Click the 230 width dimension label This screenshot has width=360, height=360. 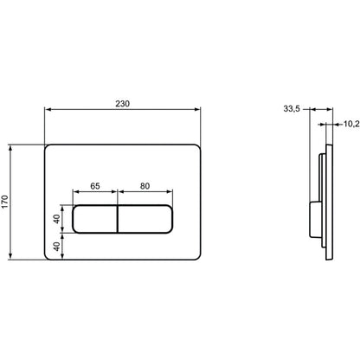click(x=123, y=104)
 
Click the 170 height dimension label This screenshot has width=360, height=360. click(x=5, y=202)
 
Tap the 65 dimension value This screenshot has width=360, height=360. click(x=95, y=186)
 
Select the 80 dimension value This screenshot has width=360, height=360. click(x=145, y=186)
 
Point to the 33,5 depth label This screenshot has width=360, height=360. click(x=292, y=109)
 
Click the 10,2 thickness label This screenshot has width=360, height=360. click(x=351, y=124)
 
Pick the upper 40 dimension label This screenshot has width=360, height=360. click(x=57, y=219)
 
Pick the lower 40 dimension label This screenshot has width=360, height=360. click(x=57, y=246)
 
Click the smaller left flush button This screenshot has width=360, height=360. click(x=95, y=219)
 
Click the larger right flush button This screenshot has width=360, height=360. click(x=145, y=219)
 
